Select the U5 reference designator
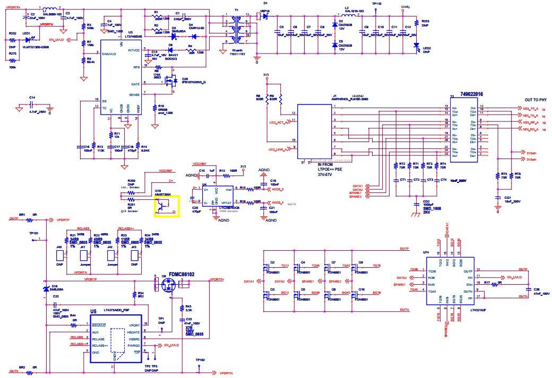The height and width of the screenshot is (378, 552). [x=93, y=311]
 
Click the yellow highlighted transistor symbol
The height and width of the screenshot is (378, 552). [x=167, y=206]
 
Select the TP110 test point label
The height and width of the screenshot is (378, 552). [x=376, y=4]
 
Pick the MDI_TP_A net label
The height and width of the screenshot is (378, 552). [x=530, y=108]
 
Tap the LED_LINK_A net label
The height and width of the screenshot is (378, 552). [x=279, y=150]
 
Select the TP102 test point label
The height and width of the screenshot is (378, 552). [x=200, y=360]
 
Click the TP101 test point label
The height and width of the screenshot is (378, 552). [x=34, y=233]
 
